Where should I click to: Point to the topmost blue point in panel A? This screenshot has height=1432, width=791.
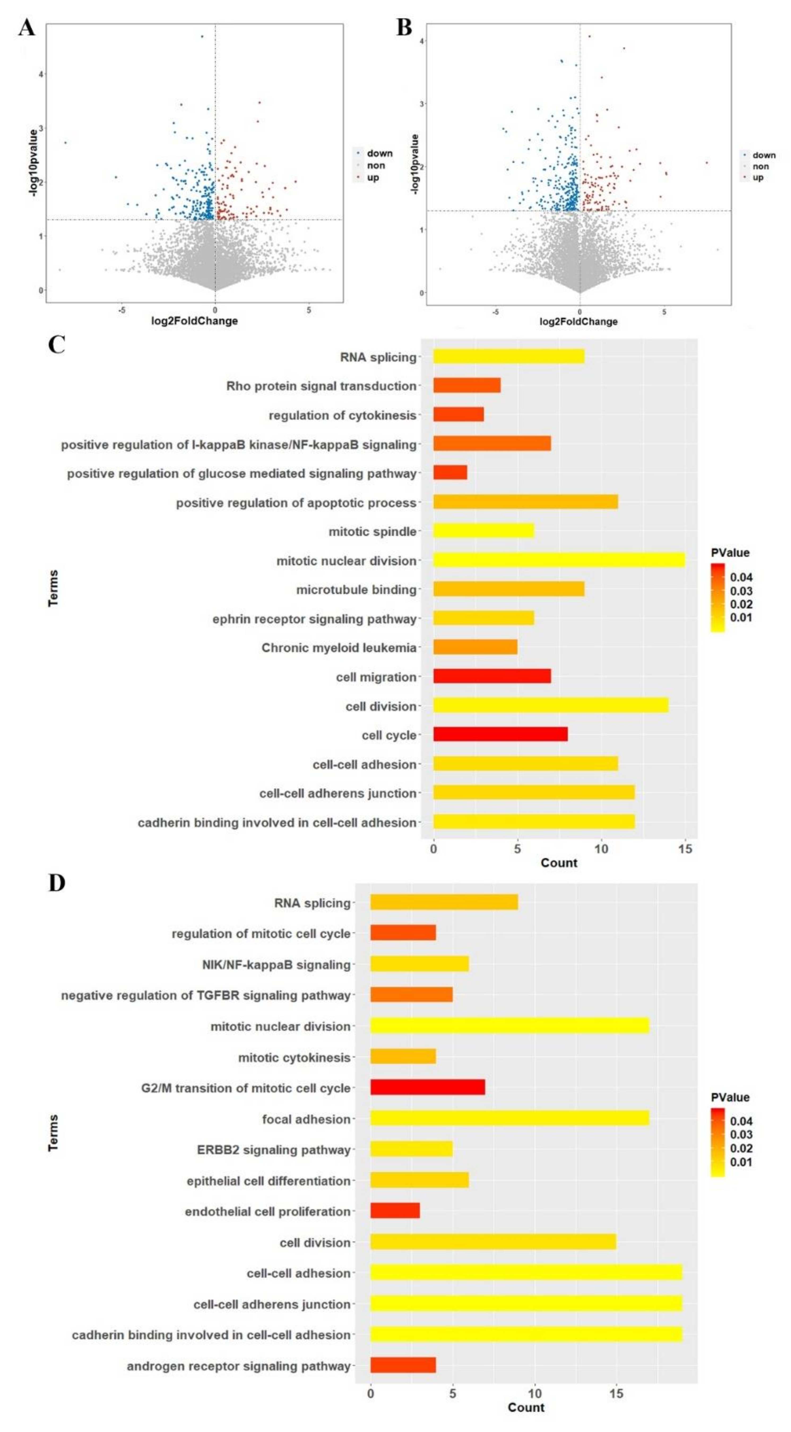click(x=202, y=37)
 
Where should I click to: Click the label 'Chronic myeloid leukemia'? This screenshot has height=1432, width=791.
click(x=339, y=648)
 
